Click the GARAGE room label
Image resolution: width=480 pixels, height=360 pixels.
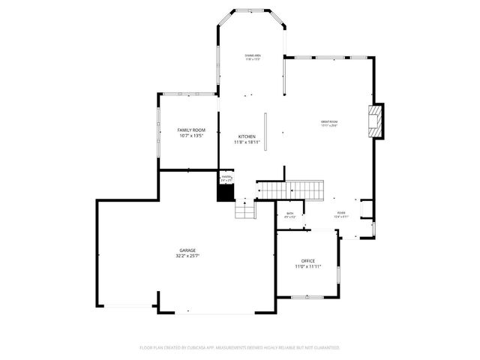(187, 250)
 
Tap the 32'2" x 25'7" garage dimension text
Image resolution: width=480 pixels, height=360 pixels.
(187, 256)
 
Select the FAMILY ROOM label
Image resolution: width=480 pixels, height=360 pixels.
(191, 130)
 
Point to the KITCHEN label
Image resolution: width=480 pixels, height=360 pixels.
(247, 136)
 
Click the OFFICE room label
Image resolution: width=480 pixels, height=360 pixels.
(307, 260)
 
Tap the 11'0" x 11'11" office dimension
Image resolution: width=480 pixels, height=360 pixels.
(307, 266)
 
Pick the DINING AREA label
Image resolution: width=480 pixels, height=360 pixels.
(253, 55)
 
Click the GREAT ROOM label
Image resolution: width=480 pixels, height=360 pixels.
(329, 121)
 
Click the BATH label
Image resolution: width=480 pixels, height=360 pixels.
(290, 214)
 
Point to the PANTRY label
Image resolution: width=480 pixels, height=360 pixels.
(226, 177)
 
